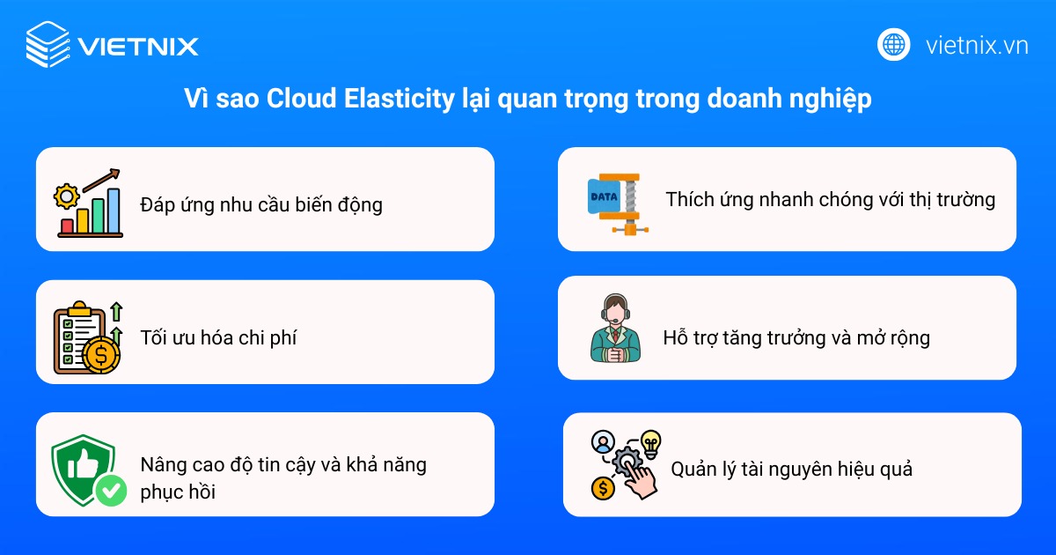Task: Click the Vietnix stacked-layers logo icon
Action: pos(48,45)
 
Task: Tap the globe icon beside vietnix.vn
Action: pos(893,44)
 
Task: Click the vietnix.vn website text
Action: pos(977,45)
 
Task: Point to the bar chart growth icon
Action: pos(89,203)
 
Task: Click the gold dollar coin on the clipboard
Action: pos(101,355)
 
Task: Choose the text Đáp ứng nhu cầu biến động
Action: pos(261,205)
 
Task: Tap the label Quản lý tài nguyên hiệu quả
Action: pos(791,469)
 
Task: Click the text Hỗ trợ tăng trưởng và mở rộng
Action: pos(796,337)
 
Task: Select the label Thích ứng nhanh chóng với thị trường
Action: pos(830,199)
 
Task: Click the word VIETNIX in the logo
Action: pos(137,46)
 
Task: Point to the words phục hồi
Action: pos(177,492)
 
